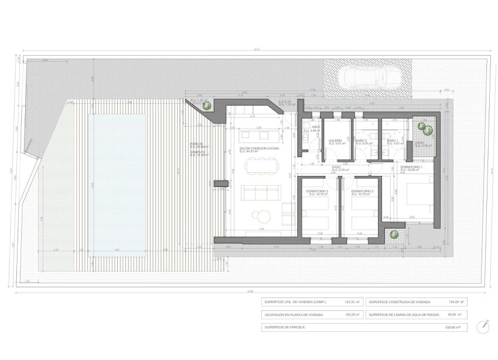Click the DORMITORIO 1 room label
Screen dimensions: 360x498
[412, 167]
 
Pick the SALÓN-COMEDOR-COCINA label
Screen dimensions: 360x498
[260, 148]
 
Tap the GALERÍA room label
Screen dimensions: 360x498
[335, 141]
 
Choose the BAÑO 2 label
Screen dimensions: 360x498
[361, 141]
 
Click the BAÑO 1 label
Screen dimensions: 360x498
[393, 141]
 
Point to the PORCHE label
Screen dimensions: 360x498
[196, 144]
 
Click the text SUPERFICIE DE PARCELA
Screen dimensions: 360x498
[285, 327]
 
